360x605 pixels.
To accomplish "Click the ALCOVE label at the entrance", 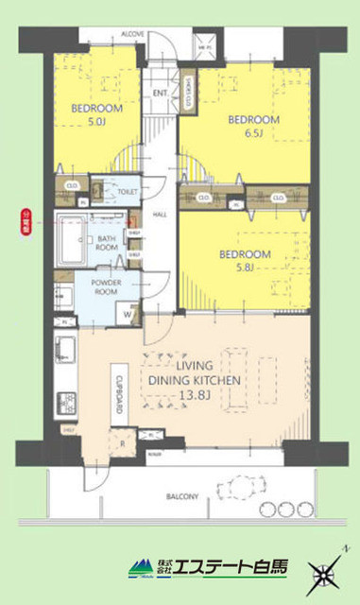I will click(x=131, y=34).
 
